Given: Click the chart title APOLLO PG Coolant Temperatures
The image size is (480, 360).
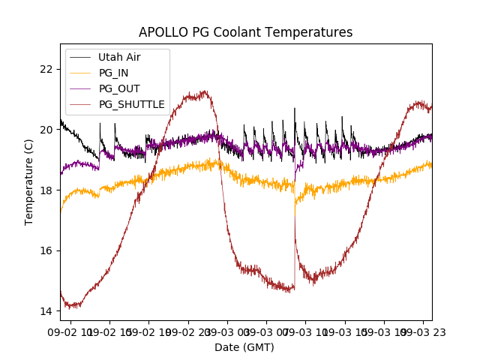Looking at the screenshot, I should (245, 32).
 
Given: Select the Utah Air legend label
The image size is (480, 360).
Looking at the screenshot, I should (119, 57).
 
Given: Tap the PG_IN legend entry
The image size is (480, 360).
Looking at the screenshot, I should (114, 73).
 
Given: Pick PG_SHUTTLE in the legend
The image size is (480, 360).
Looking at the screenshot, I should (131, 104).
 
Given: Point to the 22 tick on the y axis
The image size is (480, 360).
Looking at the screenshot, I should (46, 69).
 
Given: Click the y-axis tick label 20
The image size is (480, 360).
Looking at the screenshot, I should (46, 130).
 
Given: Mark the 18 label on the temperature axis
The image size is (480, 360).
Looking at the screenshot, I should (46, 190).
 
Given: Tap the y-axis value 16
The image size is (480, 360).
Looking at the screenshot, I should (46, 250).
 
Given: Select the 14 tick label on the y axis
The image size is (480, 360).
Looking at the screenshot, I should (46, 311).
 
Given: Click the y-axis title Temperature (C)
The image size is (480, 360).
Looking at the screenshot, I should (29, 181).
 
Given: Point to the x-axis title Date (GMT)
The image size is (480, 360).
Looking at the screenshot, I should (244, 347).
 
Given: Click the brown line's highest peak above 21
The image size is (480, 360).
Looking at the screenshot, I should (203, 91).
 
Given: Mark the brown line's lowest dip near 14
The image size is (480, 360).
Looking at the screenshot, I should (71, 307).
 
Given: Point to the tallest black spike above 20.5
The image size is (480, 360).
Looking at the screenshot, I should (295, 108).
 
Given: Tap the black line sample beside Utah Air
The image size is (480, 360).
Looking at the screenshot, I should (80, 57).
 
